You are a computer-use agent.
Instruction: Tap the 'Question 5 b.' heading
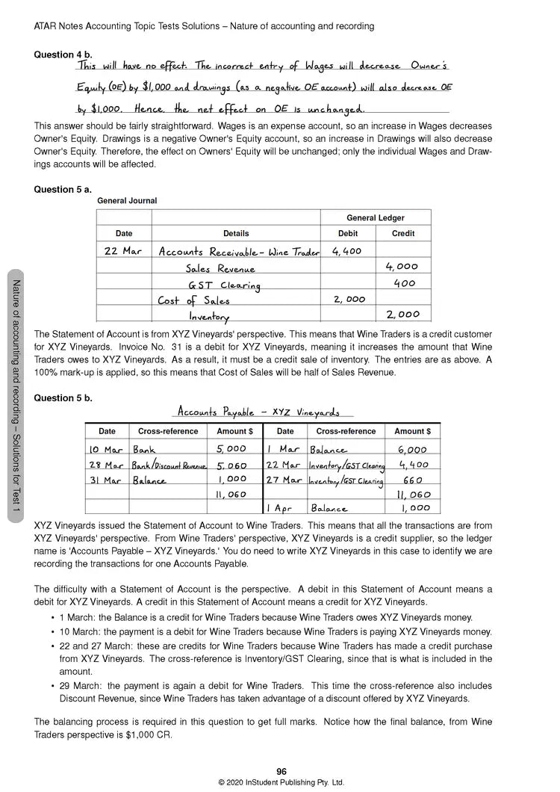(63, 398)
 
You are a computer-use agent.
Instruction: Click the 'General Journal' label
(127, 201)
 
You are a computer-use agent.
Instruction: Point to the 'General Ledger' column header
(375, 218)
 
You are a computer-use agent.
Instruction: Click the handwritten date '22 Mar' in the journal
(122, 251)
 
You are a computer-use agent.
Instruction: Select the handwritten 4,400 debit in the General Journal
(346, 251)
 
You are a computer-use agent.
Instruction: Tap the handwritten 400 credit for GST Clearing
(404, 284)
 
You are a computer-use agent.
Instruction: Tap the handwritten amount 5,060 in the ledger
(231, 465)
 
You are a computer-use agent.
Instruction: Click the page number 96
(281, 772)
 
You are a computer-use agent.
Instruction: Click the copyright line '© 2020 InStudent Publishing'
(281, 782)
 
